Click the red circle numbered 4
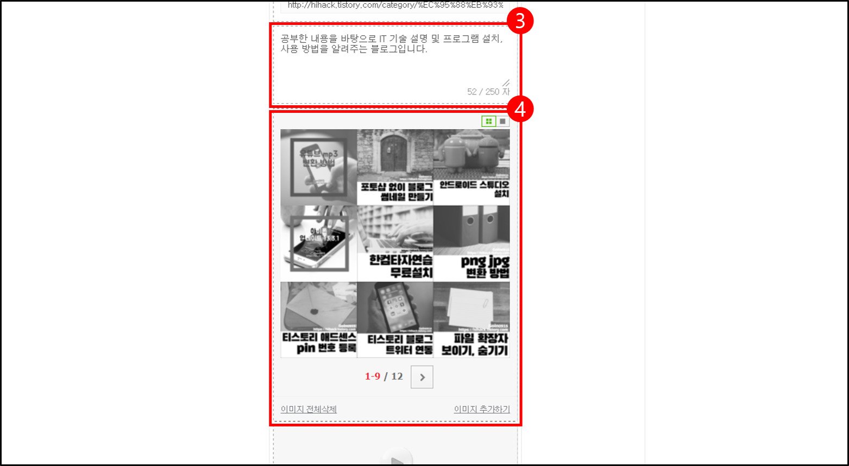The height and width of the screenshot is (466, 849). click(x=520, y=110)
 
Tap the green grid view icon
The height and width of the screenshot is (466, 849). click(x=489, y=122)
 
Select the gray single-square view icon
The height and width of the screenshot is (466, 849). click(x=502, y=122)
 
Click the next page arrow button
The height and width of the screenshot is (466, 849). click(x=422, y=377)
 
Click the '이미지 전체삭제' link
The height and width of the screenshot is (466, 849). click(x=309, y=409)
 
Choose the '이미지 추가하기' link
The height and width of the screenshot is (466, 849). click(x=482, y=409)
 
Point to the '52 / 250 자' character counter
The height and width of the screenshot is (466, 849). click(x=488, y=92)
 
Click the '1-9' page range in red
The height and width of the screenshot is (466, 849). click(x=373, y=376)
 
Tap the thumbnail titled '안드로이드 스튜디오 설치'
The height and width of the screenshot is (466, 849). click(x=471, y=167)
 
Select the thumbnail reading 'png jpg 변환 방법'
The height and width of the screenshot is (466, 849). click(x=471, y=243)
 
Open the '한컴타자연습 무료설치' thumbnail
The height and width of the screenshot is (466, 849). click(x=395, y=243)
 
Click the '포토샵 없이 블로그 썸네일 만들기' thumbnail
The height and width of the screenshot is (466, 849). click(x=395, y=167)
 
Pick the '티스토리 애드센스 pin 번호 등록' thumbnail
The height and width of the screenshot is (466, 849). click(x=318, y=320)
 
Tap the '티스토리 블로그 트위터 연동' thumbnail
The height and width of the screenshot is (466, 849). click(x=395, y=320)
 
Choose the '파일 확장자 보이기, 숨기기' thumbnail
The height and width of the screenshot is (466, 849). click(x=471, y=320)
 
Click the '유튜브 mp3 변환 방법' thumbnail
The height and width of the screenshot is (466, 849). click(x=318, y=167)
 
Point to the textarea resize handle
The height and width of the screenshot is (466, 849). click(x=506, y=82)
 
